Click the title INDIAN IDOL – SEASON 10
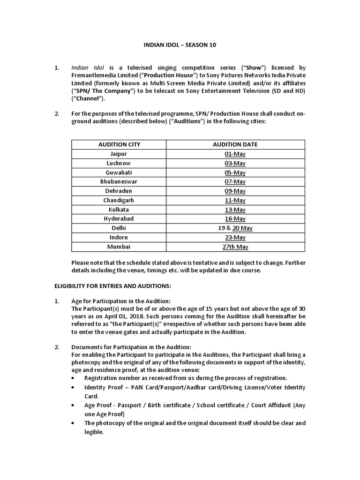coord(180,45)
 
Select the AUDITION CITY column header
coord(119,144)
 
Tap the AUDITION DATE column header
coord(235,144)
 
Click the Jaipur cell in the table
coord(119,154)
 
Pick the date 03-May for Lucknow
coord(235,163)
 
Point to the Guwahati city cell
coord(119,172)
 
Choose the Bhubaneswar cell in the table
coord(119,181)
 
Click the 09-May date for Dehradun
coord(235,191)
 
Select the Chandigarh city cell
coord(119,200)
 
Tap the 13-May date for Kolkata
coord(235,210)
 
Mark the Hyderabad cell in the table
coord(119,218)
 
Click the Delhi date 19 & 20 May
coord(235,228)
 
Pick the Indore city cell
coord(119,237)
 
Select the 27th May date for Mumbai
coord(235,247)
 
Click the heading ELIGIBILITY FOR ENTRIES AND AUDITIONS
coord(112,286)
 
